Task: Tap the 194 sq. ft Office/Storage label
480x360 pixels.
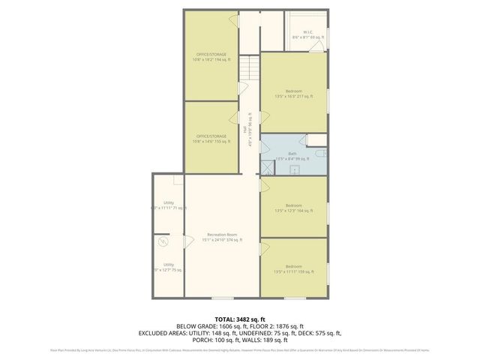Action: (x=211, y=57)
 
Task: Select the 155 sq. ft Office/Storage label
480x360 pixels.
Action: (x=211, y=139)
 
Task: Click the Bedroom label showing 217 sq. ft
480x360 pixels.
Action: (x=293, y=94)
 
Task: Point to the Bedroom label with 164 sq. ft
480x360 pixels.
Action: (x=293, y=208)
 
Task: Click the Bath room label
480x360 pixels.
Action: (x=292, y=156)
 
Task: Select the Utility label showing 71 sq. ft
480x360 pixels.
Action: (x=169, y=205)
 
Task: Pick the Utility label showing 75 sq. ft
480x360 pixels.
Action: (x=169, y=267)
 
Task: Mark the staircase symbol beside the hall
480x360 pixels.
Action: (x=247, y=71)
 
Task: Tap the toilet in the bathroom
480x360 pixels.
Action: (x=322, y=154)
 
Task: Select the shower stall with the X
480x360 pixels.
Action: (x=267, y=169)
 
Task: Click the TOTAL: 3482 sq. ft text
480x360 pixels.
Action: (x=239, y=319)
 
